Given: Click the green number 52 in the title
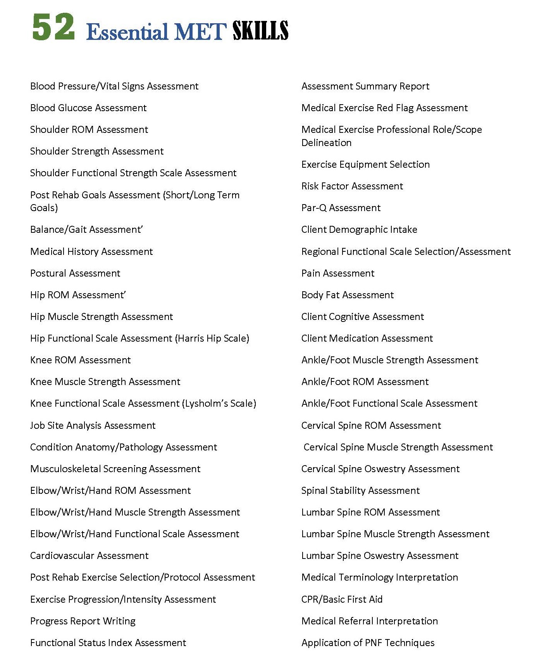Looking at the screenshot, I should click(x=53, y=27).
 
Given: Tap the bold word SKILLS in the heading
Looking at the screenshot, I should click(x=260, y=31).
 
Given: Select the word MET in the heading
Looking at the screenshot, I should click(x=200, y=32).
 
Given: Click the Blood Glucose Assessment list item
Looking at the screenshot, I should click(x=88, y=108).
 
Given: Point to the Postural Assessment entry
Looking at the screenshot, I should click(x=75, y=273).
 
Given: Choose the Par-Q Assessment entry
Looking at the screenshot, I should click(x=341, y=208).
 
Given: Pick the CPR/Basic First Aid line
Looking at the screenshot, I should click(x=342, y=599).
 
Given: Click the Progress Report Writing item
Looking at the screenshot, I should click(x=83, y=621).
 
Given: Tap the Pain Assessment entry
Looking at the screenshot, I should click(x=338, y=273).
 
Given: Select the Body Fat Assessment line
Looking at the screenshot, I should click(x=348, y=295).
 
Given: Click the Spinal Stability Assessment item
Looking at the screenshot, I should click(x=360, y=490).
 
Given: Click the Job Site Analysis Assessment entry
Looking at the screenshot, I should click(x=93, y=425).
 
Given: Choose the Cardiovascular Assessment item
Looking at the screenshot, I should click(x=90, y=555).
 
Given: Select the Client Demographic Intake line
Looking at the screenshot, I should click(x=359, y=229).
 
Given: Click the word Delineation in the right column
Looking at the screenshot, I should click(x=326, y=143).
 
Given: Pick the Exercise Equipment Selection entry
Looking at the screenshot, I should click(x=365, y=164).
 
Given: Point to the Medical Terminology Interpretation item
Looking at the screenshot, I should click(x=380, y=577).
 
